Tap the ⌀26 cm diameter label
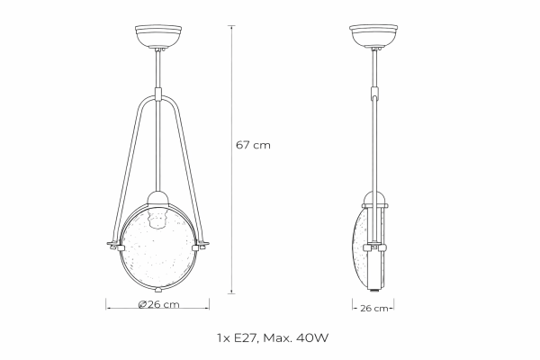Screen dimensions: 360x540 (159, 305)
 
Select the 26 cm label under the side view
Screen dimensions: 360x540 (372, 307)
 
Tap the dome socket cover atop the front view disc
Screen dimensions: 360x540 (159, 199)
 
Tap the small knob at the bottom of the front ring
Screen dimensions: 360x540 (159, 290)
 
